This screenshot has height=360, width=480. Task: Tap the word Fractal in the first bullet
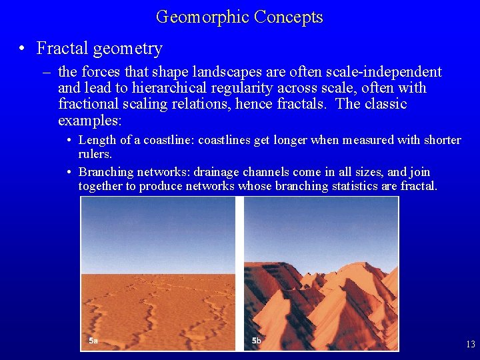(62, 49)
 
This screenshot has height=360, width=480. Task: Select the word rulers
(95, 154)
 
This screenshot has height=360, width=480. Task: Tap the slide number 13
(471, 345)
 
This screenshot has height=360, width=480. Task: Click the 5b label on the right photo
(256, 341)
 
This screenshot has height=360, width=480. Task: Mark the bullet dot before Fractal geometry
(23, 49)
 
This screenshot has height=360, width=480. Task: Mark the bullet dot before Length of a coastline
(69, 141)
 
